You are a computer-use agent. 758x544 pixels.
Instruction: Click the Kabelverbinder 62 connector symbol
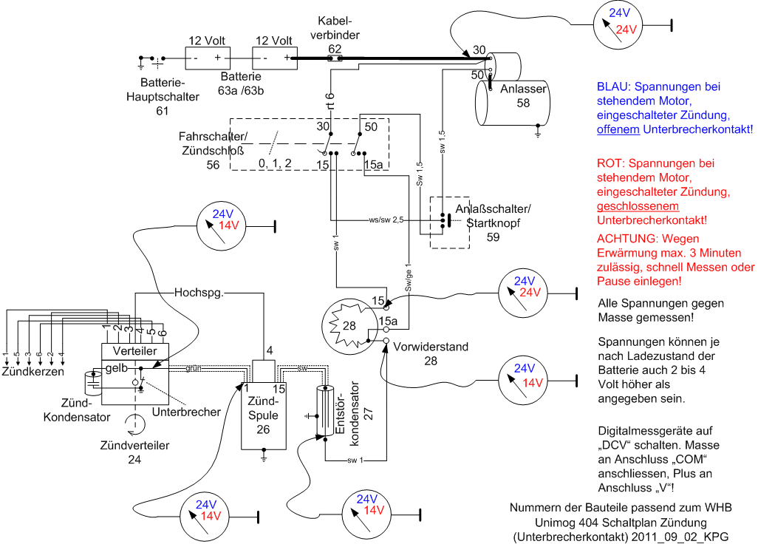pyautogui.click(x=335, y=58)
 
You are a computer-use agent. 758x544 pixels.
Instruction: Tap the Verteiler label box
pyautogui.click(x=135, y=351)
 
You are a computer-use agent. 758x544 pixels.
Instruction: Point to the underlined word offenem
pyautogui.click(x=618, y=129)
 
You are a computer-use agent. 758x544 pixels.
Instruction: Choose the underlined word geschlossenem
pyautogui.click(x=638, y=206)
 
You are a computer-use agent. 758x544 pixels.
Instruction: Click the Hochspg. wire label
pyautogui.click(x=199, y=293)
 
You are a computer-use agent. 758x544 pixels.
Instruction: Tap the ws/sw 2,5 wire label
pyautogui.click(x=386, y=220)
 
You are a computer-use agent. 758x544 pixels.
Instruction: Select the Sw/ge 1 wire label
pyautogui.click(x=409, y=277)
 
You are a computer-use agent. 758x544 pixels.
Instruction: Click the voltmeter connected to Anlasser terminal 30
pyautogui.click(x=618, y=24)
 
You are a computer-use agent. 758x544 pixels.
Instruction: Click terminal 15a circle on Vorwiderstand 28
pyautogui.click(x=386, y=330)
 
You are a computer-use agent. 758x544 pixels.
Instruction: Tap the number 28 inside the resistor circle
pyautogui.click(x=349, y=325)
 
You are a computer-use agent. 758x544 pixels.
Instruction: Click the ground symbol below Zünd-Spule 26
pyautogui.click(x=264, y=457)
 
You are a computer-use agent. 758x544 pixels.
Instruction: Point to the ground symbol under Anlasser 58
pyautogui.click(x=538, y=132)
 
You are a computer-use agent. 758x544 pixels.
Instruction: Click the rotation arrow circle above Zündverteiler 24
pyautogui.click(x=135, y=424)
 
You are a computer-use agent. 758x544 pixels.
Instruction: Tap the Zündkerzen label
pyautogui.click(x=33, y=371)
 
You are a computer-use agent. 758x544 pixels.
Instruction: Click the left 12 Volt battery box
pyautogui.click(x=208, y=58)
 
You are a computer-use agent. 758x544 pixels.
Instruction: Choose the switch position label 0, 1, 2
pyautogui.click(x=275, y=163)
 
